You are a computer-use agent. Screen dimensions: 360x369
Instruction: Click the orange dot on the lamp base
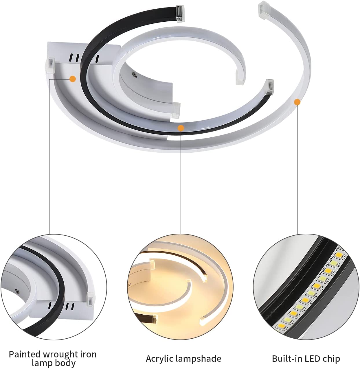click(x=73, y=79)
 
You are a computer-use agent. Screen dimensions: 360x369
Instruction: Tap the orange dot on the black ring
click(x=181, y=128)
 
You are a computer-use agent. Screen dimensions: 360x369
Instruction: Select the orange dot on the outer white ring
click(x=297, y=102)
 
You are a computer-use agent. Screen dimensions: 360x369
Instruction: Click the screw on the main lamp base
click(x=135, y=75)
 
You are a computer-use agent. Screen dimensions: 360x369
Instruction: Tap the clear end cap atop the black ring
click(x=181, y=14)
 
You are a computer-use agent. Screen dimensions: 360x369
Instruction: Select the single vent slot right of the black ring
click(x=97, y=59)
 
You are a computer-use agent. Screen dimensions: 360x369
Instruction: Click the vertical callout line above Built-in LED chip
click(x=297, y=170)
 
